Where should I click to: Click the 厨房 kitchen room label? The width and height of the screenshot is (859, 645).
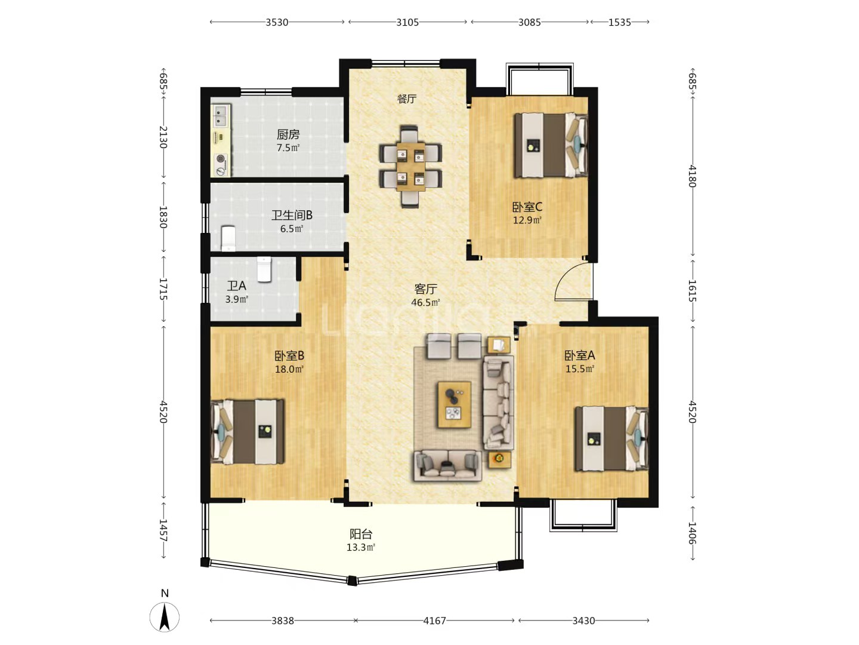(288, 134)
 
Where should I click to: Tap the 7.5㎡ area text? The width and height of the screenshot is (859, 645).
(288, 148)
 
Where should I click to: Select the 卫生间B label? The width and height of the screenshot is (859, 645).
(292, 215)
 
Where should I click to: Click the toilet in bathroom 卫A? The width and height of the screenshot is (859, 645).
(264, 269)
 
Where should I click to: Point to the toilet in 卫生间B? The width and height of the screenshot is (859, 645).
(228, 238)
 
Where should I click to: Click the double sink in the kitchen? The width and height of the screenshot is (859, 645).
(221, 115)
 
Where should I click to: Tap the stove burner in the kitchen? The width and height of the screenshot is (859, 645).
(221, 159)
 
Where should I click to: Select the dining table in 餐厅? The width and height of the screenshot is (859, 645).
(410, 167)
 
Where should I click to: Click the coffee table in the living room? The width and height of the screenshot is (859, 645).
(455, 404)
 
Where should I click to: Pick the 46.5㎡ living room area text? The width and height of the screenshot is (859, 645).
(425, 302)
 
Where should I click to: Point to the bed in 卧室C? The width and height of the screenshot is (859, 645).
(551, 145)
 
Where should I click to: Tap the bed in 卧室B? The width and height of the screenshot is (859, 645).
(248, 432)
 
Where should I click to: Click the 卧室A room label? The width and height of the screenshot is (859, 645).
(580, 355)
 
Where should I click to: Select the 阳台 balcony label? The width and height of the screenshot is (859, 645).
(361, 534)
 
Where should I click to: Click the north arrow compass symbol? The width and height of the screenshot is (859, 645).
(165, 618)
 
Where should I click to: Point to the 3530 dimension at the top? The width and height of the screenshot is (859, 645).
(277, 22)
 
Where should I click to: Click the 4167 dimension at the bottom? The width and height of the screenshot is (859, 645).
(435, 621)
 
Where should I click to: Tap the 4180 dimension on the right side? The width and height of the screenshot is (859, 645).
(693, 176)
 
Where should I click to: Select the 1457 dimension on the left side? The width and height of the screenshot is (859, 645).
(163, 530)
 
